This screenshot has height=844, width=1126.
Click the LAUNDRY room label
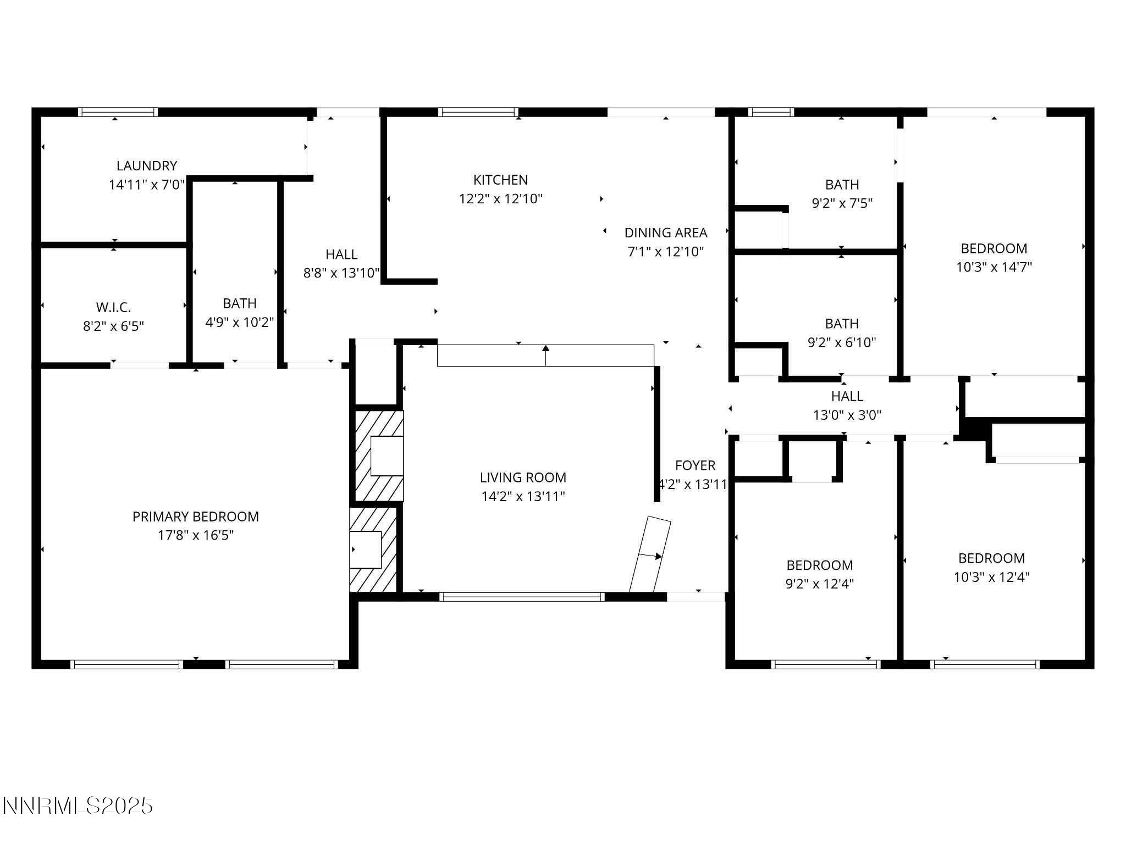point(146,165)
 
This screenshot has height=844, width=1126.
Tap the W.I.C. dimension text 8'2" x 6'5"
point(113,326)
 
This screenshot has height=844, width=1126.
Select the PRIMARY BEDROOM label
point(195,517)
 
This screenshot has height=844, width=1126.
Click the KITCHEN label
point(500,180)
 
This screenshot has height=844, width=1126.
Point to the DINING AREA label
point(665,232)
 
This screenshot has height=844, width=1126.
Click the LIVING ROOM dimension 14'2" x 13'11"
point(523,497)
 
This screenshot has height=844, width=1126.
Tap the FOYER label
point(695,465)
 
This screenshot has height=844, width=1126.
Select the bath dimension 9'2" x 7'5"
point(842,203)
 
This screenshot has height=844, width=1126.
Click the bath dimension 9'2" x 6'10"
point(841,343)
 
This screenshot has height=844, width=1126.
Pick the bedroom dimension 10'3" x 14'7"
point(993,267)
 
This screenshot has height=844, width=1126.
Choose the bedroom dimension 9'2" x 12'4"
point(819,584)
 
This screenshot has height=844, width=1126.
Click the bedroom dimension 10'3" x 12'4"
point(991,577)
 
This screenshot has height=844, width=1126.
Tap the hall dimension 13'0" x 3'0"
point(847,415)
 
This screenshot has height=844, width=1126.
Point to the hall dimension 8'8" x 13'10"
point(341,273)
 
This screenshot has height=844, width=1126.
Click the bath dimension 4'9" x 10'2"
point(239,322)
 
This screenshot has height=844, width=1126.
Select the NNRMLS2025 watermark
point(78,806)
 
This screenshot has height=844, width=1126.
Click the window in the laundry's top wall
point(118,112)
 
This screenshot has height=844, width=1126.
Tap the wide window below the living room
point(522,597)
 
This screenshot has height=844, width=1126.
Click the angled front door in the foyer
point(650,554)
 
